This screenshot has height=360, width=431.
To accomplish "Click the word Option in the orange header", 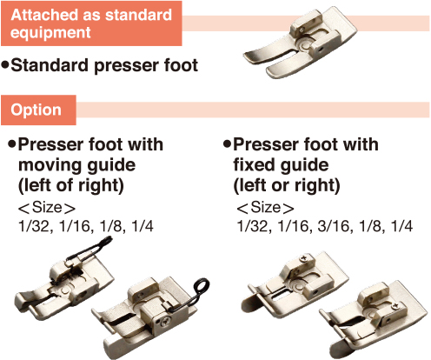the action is (36, 110).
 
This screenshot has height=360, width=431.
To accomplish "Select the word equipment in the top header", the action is (50, 32).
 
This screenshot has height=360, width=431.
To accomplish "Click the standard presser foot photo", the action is (300, 43).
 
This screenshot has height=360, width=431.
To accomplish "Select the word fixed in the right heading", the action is (250, 164).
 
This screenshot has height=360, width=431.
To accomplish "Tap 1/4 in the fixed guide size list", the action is (401, 226).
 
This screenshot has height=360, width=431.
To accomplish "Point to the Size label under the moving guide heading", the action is (47, 208).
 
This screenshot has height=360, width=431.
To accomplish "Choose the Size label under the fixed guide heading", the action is (265, 208).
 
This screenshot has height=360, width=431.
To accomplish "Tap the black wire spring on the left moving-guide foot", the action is (90, 249).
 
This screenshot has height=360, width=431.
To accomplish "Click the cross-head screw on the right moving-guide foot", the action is (166, 321).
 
